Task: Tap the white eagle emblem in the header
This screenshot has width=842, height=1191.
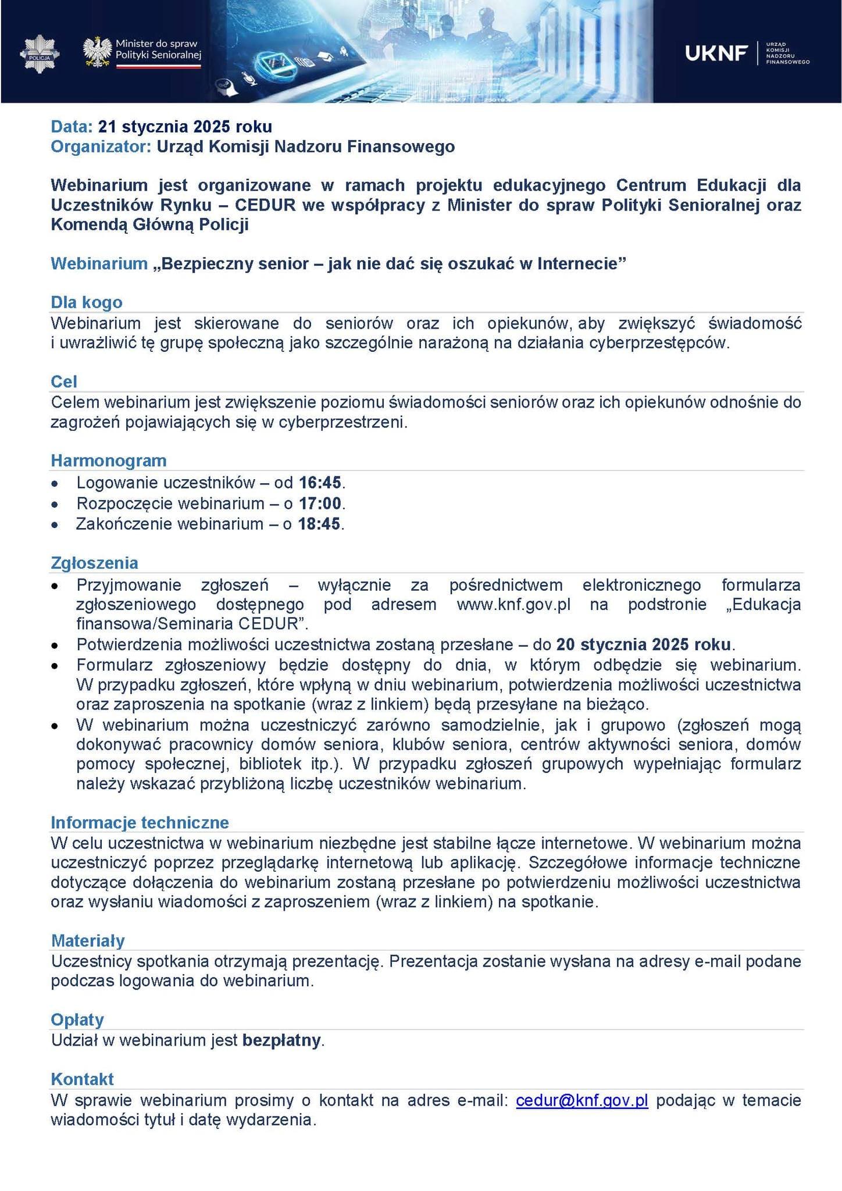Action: (97, 52)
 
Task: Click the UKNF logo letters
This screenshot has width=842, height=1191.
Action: (716, 54)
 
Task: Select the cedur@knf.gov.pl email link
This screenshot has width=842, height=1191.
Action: (581, 1100)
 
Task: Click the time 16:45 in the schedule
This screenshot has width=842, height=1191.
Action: (319, 483)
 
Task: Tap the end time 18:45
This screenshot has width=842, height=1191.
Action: (319, 524)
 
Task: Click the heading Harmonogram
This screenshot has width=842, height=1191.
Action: (109, 461)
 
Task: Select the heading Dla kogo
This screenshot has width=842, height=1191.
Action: (87, 302)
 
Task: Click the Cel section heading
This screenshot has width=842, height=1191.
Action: (64, 381)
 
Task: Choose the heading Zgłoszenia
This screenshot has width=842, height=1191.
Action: (94, 563)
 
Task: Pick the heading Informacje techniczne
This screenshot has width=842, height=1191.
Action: (140, 822)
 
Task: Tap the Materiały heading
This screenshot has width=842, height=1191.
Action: (88, 940)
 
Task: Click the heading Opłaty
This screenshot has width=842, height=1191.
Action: (77, 1019)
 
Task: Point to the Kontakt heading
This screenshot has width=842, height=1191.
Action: (82, 1079)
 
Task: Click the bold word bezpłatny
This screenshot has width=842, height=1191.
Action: (281, 1040)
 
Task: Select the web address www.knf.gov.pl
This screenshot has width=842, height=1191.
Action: (513, 604)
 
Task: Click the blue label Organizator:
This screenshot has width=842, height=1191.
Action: (101, 147)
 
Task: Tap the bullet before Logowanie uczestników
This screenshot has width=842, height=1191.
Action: (55, 483)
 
